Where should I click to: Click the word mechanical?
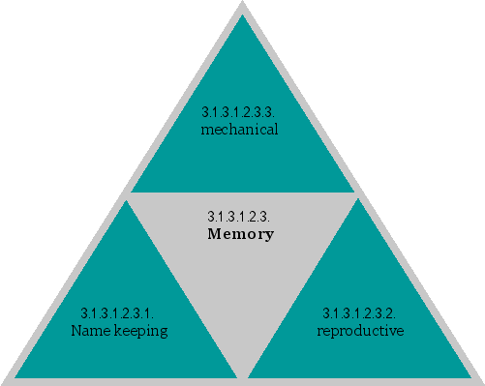coord(239,129)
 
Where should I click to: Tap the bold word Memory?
coord(241,234)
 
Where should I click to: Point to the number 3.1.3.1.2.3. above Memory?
coord(238,216)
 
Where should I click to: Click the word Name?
coord(90,331)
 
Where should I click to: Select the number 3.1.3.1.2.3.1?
coord(118,313)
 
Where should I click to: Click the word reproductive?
coord(360,331)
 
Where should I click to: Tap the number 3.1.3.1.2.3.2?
coord(359,313)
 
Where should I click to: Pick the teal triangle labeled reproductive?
coord(360,319)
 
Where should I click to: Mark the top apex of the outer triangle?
coord(242,3)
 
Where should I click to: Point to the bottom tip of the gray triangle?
coord(243,375)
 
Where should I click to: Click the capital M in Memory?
coord(215,234)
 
